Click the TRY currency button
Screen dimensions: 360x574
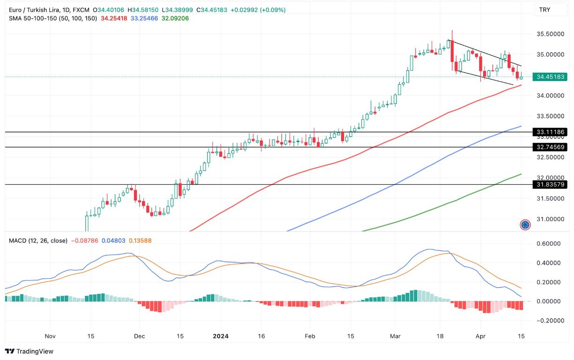(x=545, y=10)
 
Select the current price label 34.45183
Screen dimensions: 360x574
(x=550, y=77)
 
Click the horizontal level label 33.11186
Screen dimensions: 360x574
(x=550, y=132)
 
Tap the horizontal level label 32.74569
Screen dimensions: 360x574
(x=550, y=147)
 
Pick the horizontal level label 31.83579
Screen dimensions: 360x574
(x=550, y=185)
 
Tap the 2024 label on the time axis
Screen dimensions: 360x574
(x=221, y=336)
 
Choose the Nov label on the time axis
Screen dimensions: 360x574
(x=50, y=336)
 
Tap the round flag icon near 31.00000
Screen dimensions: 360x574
(x=525, y=225)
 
